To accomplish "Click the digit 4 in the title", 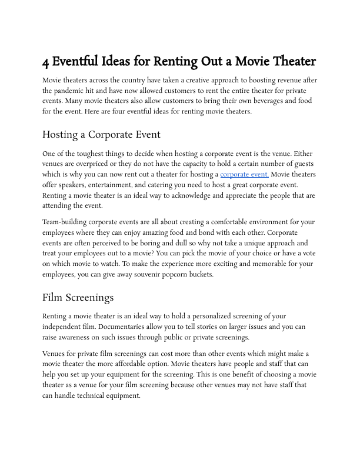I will click(x=46, y=62).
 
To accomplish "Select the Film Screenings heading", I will click(x=78, y=297).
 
